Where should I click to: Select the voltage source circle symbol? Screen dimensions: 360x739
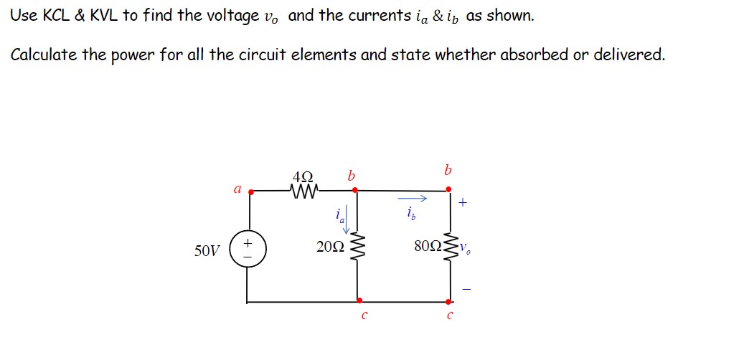[x=248, y=250]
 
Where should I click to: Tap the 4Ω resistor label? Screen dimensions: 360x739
[x=303, y=176]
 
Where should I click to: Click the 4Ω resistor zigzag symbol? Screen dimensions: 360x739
[x=303, y=191]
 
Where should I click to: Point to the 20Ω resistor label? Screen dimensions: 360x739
[x=329, y=247]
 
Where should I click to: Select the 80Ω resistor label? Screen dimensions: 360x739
[x=428, y=247]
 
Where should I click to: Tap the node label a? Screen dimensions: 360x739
[x=237, y=189]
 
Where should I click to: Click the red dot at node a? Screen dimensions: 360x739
[x=249, y=191]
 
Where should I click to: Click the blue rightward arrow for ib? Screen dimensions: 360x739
[x=413, y=199]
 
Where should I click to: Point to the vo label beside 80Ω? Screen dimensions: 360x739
[x=466, y=250]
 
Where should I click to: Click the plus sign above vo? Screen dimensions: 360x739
[x=463, y=204]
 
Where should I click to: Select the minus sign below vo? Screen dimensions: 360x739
[x=466, y=289]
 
